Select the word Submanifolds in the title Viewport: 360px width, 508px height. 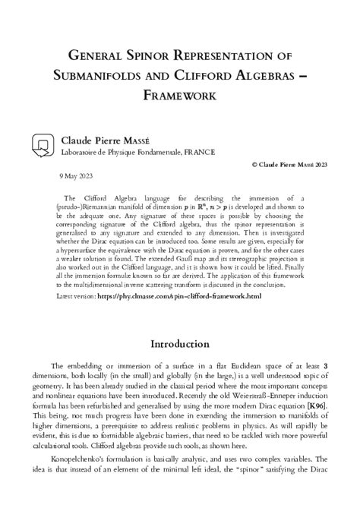103,77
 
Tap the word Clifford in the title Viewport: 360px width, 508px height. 197,77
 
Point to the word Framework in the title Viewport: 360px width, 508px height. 180,96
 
